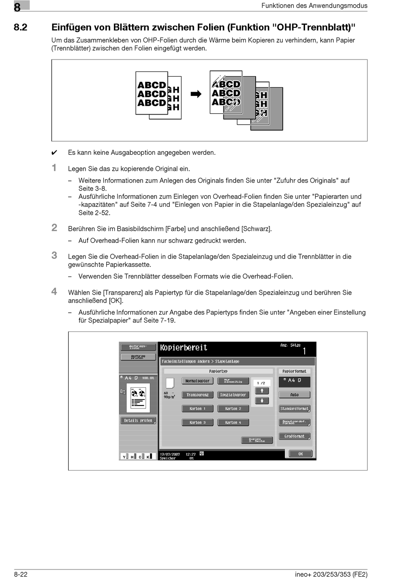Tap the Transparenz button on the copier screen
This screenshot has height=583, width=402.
pyautogui.click(x=197, y=395)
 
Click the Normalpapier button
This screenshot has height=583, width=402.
pyautogui.click(x=197, y=381)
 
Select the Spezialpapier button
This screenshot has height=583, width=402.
pyautogui.click(x=233, y=395)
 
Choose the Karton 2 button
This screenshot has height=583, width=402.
pyautogui.click(x=233, y=409)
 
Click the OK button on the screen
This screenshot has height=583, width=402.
pyautogui.click(x=300, y=454)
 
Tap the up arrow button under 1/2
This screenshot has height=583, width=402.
pyautogui.click(x=262, y=391)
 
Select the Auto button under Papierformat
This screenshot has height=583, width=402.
pyautogui.click(x=295, y=395)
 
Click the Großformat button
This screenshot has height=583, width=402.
pyautogui.click(x=295, y=436)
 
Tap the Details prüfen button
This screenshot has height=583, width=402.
pyautogui.click(x=138, y=421)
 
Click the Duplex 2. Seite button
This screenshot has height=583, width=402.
pyautogui.click(x=257, y=441)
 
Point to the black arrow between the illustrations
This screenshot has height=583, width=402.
pyautogui.click(x=196, y=94)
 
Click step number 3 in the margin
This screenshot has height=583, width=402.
pyautogui.click(x=54, y=255)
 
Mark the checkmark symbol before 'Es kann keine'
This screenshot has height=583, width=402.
pyautogui.click(x=54, y=153)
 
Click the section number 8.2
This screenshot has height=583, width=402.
pyautogui.click(x=20, y=27)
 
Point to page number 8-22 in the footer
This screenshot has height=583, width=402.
pyautogui.click(x=21, y=574)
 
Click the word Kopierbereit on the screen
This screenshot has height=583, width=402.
pyautogui.click(x=184, y=348)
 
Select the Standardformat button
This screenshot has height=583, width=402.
pyautogui.click(x=295, y=409)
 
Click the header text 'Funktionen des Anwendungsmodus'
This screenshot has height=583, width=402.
pyautogui.click(x=314, y=5)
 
